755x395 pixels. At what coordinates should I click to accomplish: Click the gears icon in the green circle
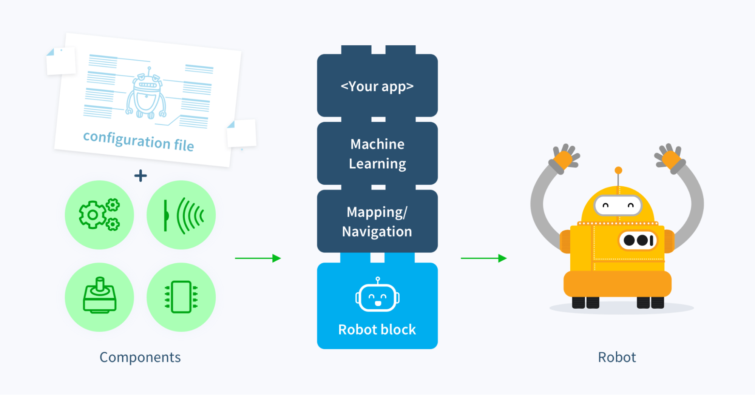point(99,215)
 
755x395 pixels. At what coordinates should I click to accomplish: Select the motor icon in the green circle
point(99,297)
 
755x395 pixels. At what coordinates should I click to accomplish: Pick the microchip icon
point(181,297)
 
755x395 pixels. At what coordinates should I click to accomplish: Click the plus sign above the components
point(141,175)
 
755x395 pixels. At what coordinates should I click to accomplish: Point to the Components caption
point(140,357)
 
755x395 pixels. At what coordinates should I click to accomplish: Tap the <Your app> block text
point(377,86)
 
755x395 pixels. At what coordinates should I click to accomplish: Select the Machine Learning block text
point(377,154)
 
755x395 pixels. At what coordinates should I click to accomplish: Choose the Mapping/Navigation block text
point(377,221)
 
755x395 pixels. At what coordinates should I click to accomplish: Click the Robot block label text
point(377,329)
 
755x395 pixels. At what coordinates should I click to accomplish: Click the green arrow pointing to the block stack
point(258,258)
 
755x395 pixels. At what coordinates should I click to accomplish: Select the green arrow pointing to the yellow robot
point(483,258)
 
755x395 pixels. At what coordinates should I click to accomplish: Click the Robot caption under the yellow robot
point(617,357)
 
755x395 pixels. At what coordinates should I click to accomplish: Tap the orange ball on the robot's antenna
point(618,170)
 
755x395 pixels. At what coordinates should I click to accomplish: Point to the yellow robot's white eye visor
point(618,206)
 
